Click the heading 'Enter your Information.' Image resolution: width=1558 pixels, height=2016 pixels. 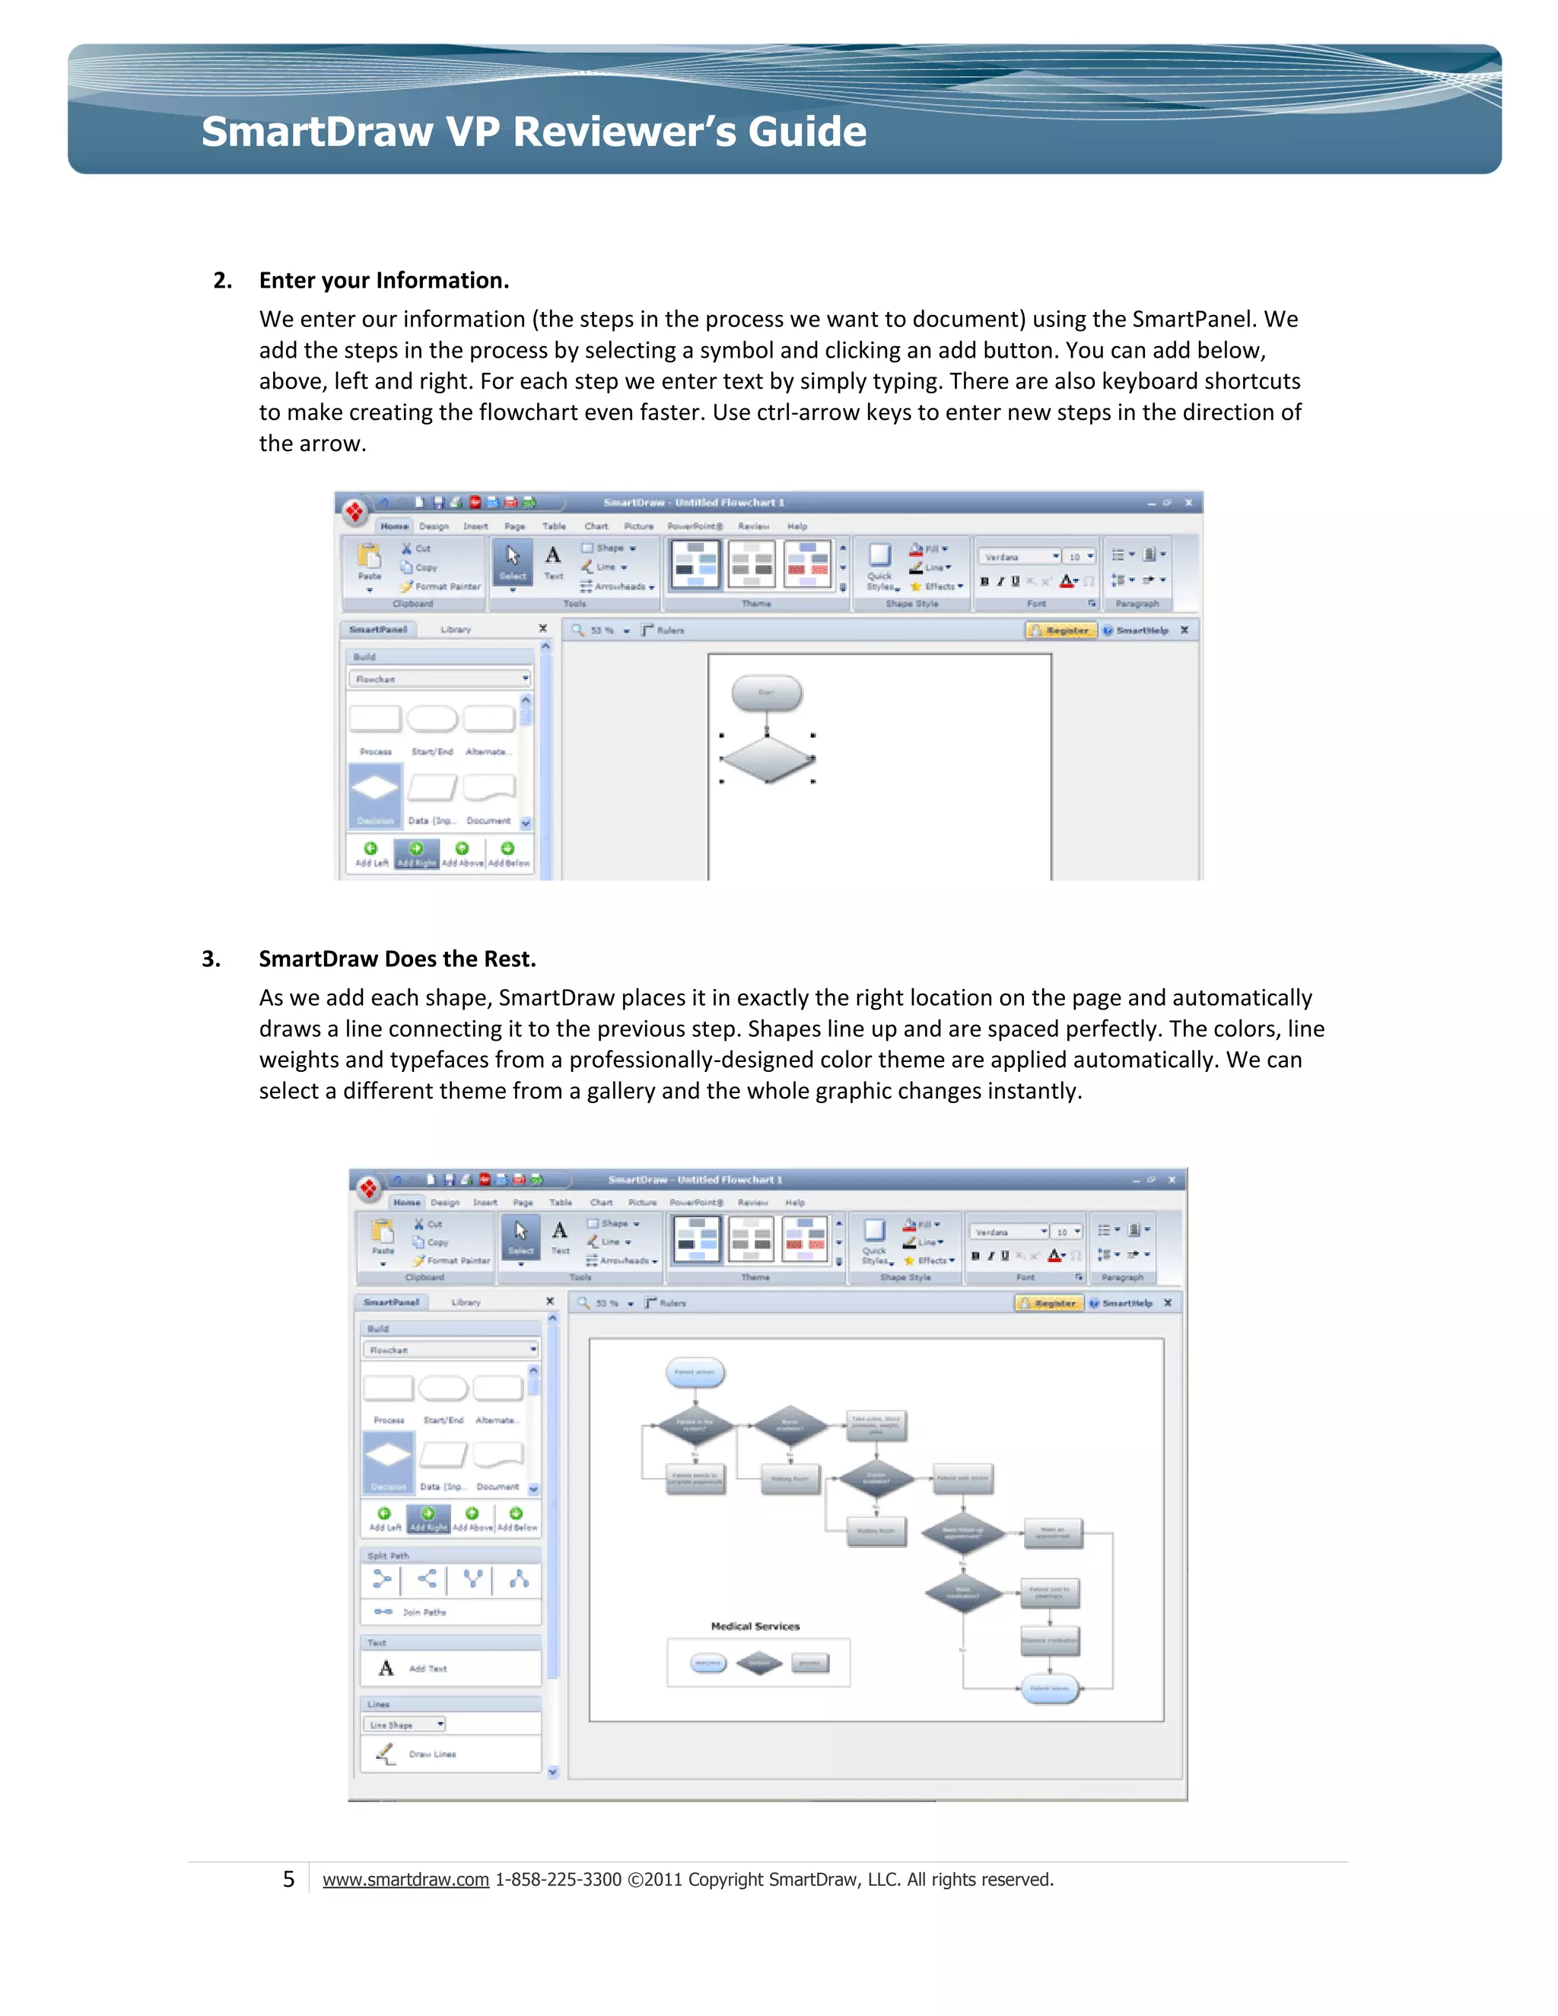383,281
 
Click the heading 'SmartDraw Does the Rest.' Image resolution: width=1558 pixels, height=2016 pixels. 397,959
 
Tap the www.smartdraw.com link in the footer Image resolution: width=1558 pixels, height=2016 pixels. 405,1879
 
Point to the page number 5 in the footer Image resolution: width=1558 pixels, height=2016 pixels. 288,1879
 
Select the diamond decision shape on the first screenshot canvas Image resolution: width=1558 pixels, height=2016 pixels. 767,758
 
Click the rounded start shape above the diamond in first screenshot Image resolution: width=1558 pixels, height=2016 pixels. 766,692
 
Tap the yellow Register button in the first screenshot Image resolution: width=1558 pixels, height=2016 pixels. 1060,631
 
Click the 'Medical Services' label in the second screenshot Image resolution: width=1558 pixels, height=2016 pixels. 755,1626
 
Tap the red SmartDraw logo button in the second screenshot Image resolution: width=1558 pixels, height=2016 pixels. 369,1189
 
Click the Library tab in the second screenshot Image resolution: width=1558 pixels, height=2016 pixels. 466,1302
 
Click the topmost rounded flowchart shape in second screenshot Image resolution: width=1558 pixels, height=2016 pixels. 695,1372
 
